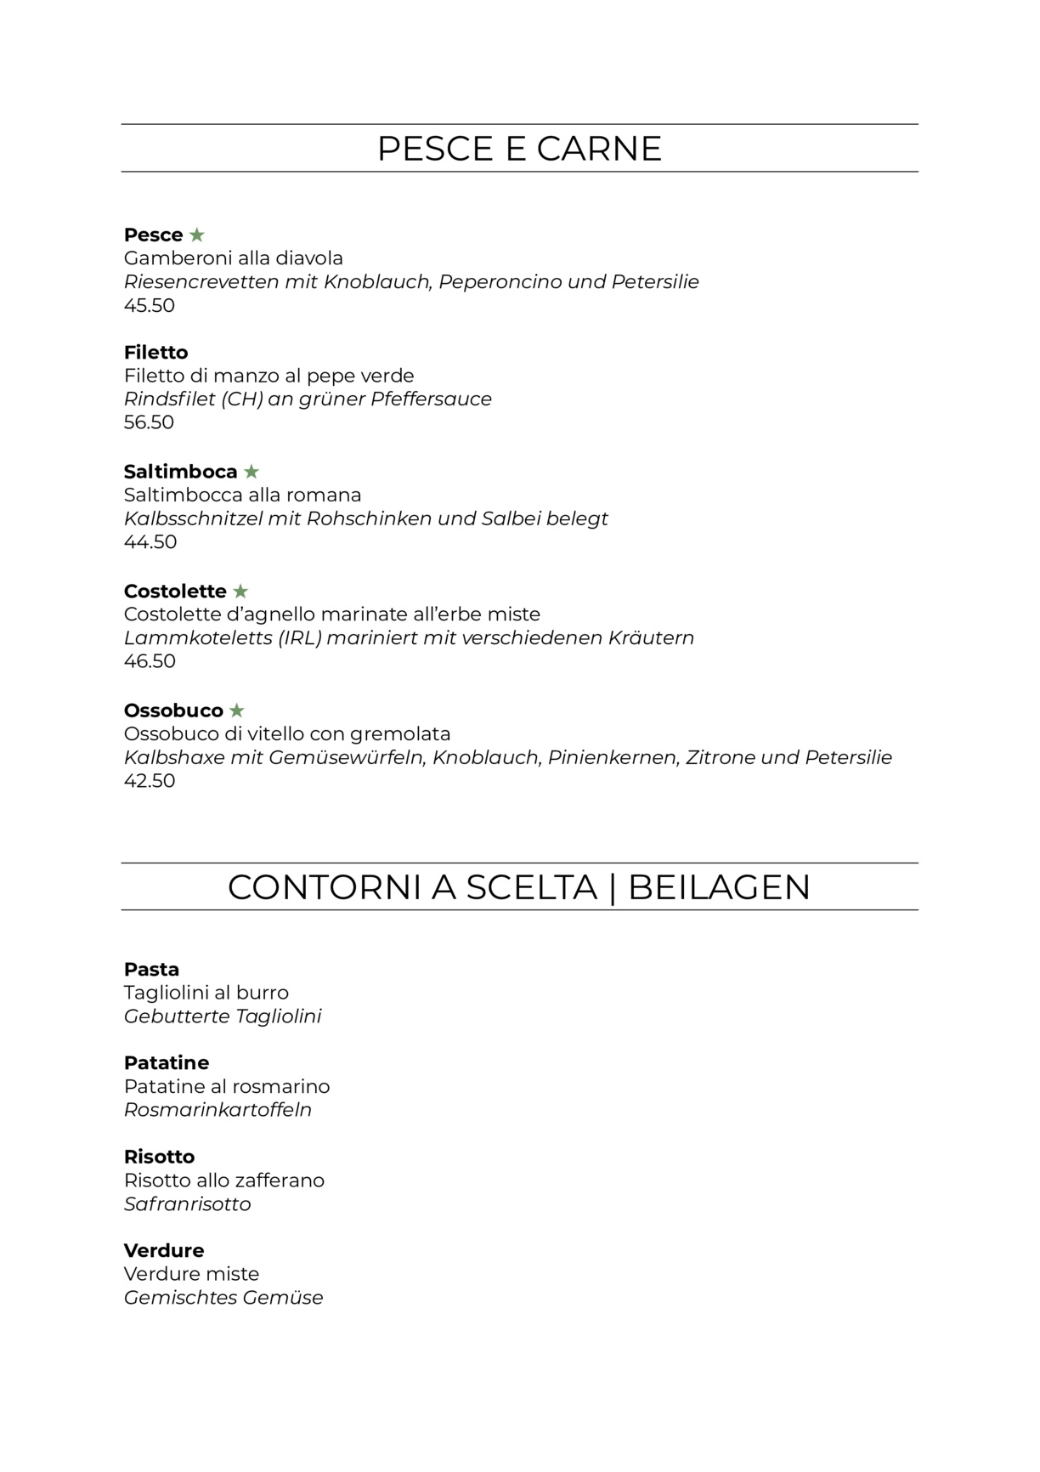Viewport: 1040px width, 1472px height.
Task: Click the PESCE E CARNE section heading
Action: pyautogui.click(x=519, y=149)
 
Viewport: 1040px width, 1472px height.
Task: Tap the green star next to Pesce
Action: pyautogui.click(x=197, y=235)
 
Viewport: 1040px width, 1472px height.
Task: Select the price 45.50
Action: pyautogui.click(x=150, y=305)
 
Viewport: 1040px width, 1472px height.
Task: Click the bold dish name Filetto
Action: pyautogui.click(x=155, y=352)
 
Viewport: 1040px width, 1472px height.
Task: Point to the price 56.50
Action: pyautogui.click(x=149, y=422)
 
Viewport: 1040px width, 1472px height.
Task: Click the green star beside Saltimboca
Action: pyautogui.click(x=252, y=472)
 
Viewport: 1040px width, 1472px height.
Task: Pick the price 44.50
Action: pyautogui.click(x=150, y=541)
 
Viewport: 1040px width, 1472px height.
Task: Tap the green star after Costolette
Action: pyautogui.click(x=241, y=591)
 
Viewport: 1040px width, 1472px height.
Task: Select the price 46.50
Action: pyautogui.click(x=150, y=661)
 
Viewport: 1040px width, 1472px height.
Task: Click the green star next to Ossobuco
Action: pyautogui.click(x=237, y=711)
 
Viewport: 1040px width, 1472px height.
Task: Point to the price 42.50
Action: pyautogui.click(x=150, y=780)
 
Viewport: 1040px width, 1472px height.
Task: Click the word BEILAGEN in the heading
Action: pyautogui.click(x=719, y=887)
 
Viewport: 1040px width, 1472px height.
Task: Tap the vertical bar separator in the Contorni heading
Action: pyautogui.click(x=613, y=887)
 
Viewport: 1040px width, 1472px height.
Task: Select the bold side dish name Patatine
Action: pyautogui.click(x=167, y=1062)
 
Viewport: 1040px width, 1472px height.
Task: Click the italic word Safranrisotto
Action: pyautogui.click(x=188, y=1203)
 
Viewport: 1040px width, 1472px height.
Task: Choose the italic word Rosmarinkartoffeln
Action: pyautogui.click(x=218, y=1110)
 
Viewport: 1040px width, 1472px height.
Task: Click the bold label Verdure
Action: pyautogui.click(x=164, y=1250)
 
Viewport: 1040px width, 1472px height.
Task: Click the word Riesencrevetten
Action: pyautogui.click(x=201, y=281)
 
